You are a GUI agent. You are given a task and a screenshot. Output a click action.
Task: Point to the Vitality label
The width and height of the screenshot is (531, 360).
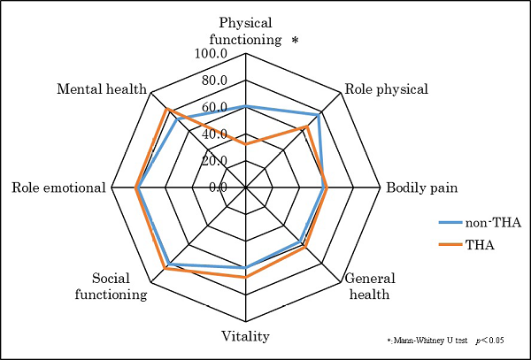coord(245,336)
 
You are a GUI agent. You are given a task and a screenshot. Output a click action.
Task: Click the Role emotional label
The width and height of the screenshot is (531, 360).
coord(58,188)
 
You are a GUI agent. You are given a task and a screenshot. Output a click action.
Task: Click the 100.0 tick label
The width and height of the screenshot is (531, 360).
coord(212,54)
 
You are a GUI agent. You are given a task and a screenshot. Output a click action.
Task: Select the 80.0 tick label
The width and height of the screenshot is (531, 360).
coord(215,80)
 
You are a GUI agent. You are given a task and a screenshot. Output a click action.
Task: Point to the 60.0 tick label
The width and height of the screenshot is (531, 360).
coord(215,107)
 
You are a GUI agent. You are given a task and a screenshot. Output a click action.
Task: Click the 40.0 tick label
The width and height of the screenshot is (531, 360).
coord(215,134)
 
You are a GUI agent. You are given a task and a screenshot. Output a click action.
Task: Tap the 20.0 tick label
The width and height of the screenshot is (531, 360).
coord(215,160)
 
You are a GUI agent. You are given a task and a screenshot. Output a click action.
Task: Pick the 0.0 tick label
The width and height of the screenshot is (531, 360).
coord(218,187)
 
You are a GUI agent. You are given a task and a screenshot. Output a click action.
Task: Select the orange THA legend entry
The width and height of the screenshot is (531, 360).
coord(480,244)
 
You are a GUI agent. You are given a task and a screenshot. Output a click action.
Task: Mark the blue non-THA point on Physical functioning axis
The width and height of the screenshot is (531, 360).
coord(246,107)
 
